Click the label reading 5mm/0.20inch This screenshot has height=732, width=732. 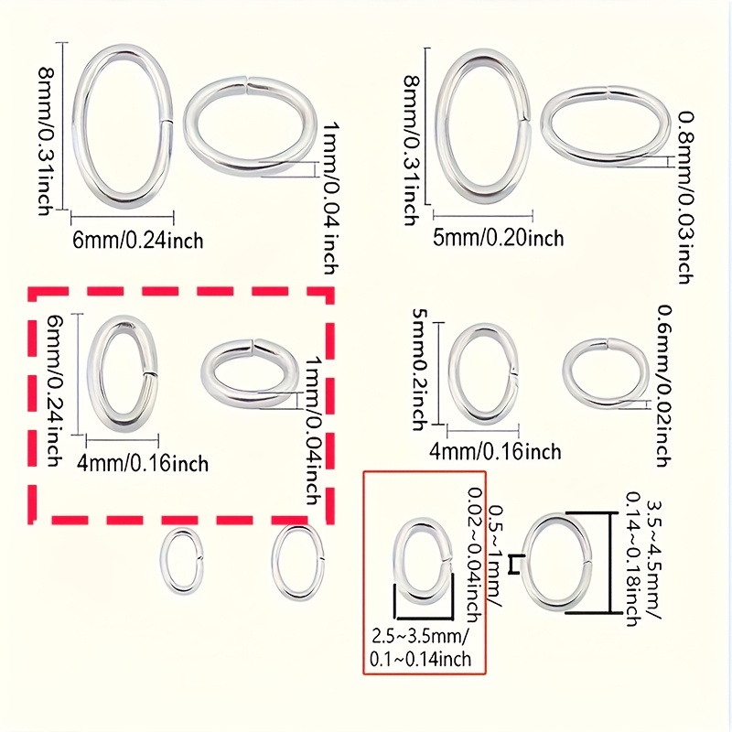click(x=498, y=239)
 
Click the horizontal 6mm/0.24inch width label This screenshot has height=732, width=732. click(x=137, y=240)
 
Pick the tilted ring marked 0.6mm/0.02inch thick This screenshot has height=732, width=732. click(x=606, y=373)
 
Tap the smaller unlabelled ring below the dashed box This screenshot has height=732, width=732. click(x=179, y=562)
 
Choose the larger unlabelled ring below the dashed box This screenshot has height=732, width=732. click(x=297, y=561)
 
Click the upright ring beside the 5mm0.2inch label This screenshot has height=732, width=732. click(x=482, y=373)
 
